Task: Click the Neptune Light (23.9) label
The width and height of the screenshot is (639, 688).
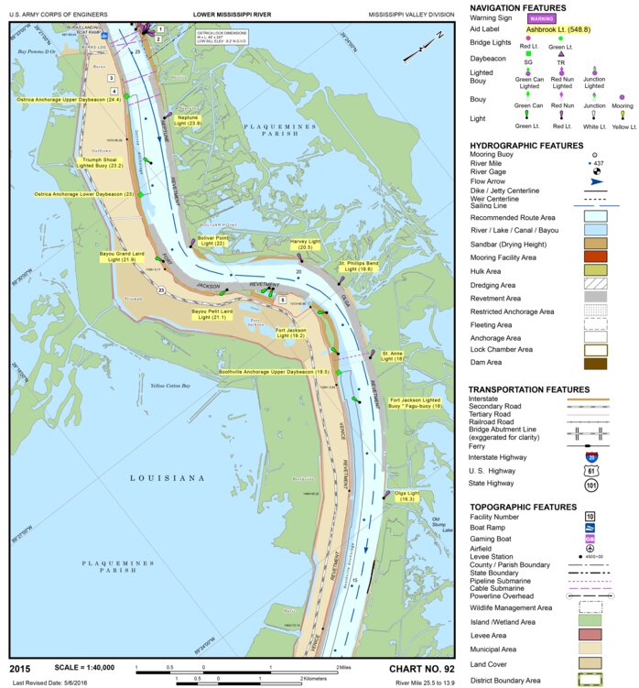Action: pos(188,120)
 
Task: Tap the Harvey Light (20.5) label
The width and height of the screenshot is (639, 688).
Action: pos(305,245)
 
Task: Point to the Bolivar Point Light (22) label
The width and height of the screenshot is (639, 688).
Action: pos(211,241)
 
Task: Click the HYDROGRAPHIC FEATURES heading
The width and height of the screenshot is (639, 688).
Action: pos(525,146)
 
